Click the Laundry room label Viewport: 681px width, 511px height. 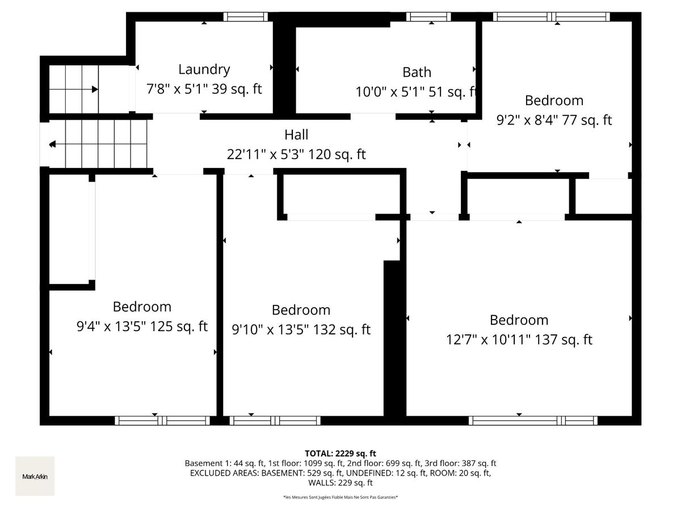[x=204, y=69]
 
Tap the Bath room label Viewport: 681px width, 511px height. [x=417, y=72]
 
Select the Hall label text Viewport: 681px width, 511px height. [x=296, y=135]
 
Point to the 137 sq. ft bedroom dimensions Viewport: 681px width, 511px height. [x=519, y=340]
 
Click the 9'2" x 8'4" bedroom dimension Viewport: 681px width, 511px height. [x=554, y=120]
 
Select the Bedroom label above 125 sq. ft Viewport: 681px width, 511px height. [x=142, y=307]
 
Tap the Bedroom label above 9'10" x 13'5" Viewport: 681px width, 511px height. [x=301, y=310]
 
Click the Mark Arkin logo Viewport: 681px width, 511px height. [x=35, y=476]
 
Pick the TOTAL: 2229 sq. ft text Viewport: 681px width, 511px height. [x=340, y=453]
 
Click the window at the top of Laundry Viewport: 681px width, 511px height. [x=245, y=16]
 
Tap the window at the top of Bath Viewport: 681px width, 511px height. [x=428, y=16]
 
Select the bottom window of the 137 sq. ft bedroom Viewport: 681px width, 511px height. [x=533, y=421]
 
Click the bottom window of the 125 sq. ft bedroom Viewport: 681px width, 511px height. [x=162, y=421]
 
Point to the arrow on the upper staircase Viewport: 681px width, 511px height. [x=94, y=89]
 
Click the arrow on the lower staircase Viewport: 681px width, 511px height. [x=52, y=145]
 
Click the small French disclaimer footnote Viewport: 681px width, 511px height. [x=340, y=497]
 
